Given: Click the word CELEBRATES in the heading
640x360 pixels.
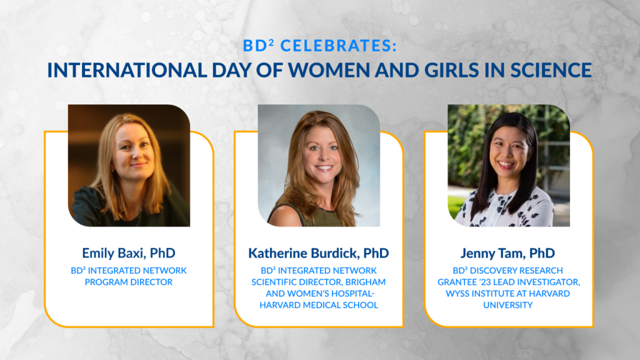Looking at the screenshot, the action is [338, 46].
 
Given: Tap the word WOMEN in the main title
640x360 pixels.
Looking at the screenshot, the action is [330, 70].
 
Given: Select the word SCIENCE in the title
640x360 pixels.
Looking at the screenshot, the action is [551, 70].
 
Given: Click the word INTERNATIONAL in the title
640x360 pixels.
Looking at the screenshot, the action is [127, 70].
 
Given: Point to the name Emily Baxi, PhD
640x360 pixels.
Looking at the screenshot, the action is [129, 253].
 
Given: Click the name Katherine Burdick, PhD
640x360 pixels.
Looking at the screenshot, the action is [318, 253].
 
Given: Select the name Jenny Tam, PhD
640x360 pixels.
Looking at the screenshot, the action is [507, 253].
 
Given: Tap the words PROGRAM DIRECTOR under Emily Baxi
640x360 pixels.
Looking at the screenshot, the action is [129, 282].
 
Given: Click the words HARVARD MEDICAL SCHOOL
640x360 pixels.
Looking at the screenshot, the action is [319, 305].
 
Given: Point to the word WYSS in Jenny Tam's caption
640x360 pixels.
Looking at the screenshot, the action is [457, 294].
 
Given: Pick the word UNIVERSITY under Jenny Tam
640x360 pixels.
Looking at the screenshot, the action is [507, 305].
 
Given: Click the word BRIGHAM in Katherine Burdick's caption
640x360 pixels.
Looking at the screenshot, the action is [365, 282].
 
